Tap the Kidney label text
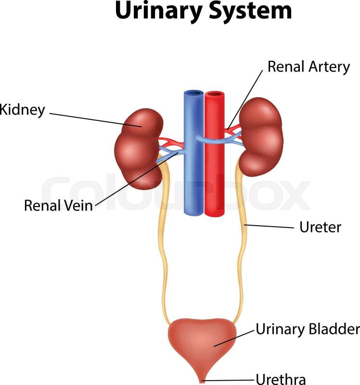pos(22,109)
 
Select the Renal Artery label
pos(309,66)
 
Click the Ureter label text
pos(320,227)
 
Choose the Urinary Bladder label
pos(308,330)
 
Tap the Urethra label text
pos(281,379)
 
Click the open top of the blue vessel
pos(193,93)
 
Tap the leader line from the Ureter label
pos(270,226)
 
